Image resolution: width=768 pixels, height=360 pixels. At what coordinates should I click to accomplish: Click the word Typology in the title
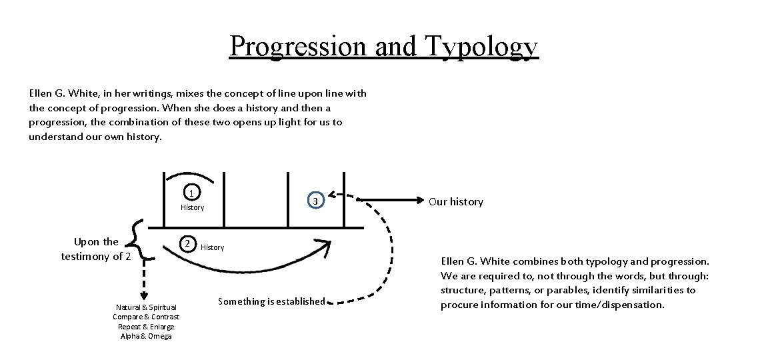coord(477,46)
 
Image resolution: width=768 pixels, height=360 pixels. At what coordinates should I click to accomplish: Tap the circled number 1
coord(191,193)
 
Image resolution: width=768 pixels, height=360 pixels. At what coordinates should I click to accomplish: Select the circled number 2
coord(189,243)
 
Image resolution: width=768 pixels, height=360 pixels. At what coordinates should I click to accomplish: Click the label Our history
coord(456,202)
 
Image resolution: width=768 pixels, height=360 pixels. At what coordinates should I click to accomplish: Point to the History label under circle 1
coord(192,208)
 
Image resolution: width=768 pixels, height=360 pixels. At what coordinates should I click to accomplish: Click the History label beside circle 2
coord(213,248)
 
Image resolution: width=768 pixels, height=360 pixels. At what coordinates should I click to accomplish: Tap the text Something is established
coord(271,301)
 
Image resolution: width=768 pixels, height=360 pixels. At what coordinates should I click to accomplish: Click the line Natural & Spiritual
coord(146,307)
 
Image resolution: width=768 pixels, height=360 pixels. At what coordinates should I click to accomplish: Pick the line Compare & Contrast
coord(146,317)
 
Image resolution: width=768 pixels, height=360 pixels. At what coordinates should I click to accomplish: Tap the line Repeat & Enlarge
coord(146,327)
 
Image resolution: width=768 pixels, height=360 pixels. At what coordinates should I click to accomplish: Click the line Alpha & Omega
coord(146,336)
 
